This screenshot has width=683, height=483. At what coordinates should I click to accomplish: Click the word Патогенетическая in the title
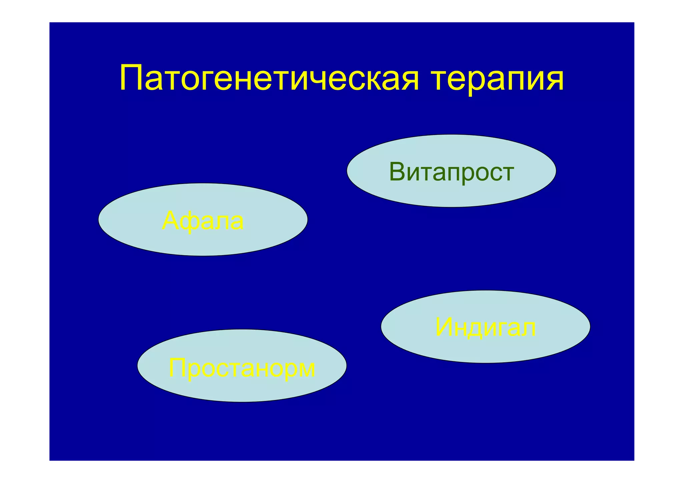point(269,79)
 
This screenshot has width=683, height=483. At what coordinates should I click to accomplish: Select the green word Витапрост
point(451,172)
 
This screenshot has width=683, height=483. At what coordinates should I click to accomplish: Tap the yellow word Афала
point(203,221)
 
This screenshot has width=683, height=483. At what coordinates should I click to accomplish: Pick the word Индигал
point(486,328)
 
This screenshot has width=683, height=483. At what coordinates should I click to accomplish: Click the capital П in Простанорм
point(177,367)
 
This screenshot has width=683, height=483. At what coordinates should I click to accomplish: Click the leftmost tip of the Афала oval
point(99,219)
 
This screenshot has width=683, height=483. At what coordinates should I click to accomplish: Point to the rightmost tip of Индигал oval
point(590,327)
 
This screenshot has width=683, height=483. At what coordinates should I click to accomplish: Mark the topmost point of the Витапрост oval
point(451,135)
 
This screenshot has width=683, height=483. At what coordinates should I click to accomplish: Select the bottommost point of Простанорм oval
point(242,402)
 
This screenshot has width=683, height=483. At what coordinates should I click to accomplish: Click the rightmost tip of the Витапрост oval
point(556,171)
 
